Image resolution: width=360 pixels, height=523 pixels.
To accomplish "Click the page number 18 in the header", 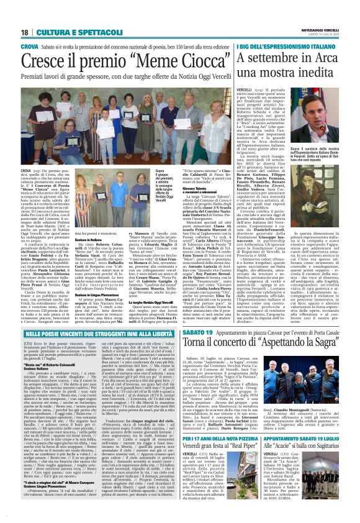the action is click(x=25, y=32).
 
